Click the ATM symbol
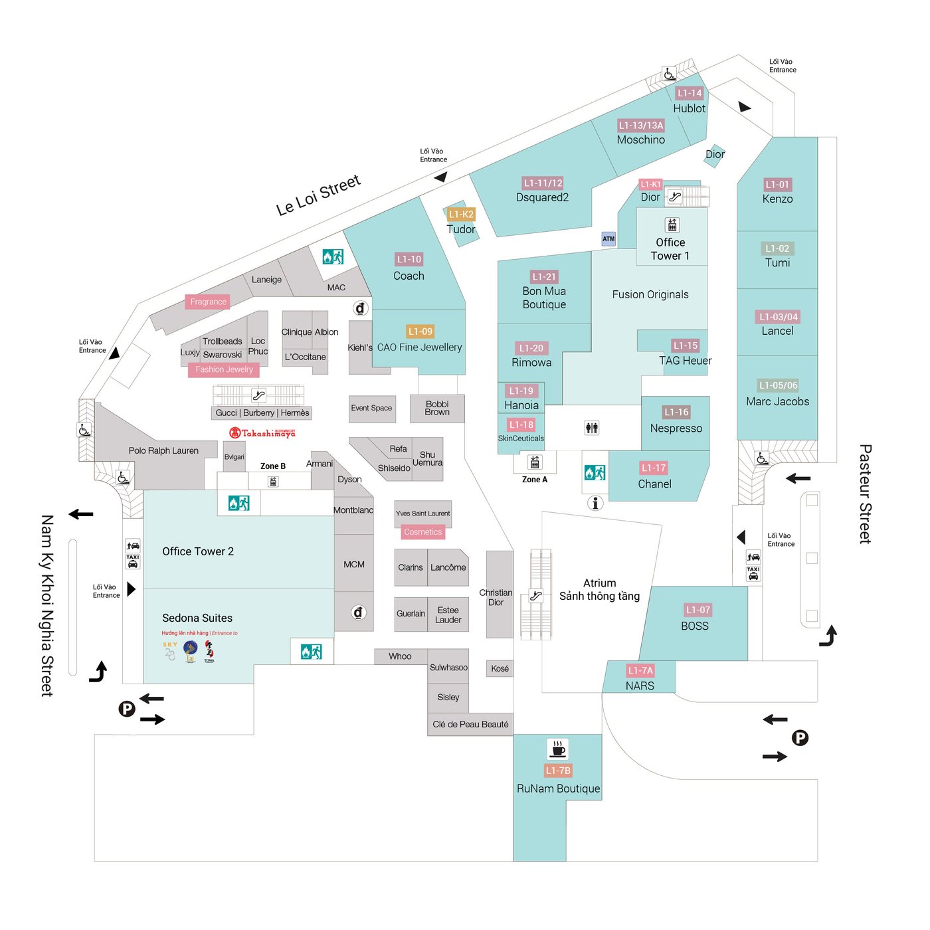coord(608,238)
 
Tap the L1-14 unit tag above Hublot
coord(690,94)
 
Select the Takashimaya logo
coord(262,433)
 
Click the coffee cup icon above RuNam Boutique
coord(558,749)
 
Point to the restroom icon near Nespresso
coord(592,428)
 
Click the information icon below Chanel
coord(595,503)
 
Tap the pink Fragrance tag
coord(208,302)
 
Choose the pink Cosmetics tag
coord(422,532)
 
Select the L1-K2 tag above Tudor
coord(461,214)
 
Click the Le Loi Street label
coord(318,195)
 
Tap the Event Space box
coord(371,409)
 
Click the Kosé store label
coord(500,668)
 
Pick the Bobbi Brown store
coord(437,409)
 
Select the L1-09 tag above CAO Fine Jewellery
coord(420,331)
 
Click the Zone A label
coord(535,480)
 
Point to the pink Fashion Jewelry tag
coord(224,369)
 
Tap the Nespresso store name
coord(676,428)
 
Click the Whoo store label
coord(400,656)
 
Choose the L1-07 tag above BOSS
coord(698,610)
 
